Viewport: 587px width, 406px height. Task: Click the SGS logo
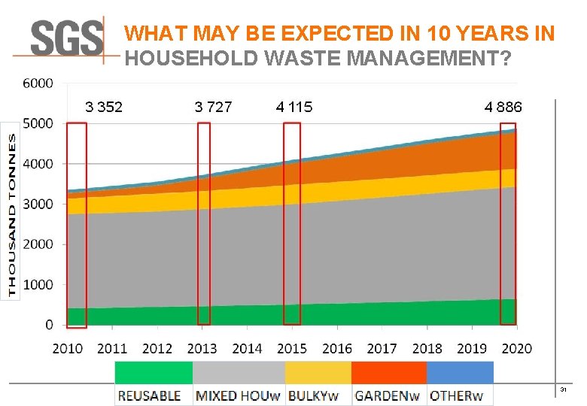pos(67,38)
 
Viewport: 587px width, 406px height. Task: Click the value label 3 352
pos(104,107)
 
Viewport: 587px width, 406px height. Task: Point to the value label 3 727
pos(213,107)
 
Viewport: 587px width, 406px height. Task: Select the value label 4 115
pos(294,107)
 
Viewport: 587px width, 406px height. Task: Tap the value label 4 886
pos(503,107)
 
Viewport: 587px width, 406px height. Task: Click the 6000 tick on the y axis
pos(38,83)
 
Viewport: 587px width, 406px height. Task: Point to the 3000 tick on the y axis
pos(38,204)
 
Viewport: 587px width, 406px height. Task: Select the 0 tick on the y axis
pos(49,325)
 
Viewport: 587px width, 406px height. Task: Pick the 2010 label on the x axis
pos(68,348)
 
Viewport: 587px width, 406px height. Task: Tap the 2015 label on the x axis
pos(292,348)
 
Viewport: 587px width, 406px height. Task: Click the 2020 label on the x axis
pos(516,348)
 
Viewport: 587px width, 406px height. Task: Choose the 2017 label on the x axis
pos(382,348)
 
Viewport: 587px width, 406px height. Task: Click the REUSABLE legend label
pos(149,395)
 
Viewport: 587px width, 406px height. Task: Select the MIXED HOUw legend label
pos(238,395)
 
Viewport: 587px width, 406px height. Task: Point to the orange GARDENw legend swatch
pos(388,372)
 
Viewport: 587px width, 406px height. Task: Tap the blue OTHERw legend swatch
pos(460,372)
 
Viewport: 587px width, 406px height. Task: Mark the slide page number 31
pos(562,389)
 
